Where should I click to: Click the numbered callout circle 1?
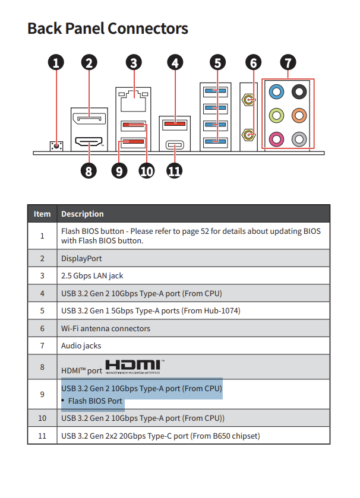click(56, 62)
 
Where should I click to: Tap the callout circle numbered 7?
click(288, 62)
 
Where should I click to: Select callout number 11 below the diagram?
click(175, 171)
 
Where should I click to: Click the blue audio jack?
click(276, 92)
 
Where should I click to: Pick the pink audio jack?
click(276, 139)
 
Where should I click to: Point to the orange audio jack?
click(299, 115)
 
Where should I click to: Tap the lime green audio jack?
click(276, 115)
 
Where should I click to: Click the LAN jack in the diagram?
click(133, 100)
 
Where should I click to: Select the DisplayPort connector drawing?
click(89, 119)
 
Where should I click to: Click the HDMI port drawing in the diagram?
click(89, 141)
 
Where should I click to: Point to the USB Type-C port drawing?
click(175, 145)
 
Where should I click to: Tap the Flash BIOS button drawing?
click(56, 146)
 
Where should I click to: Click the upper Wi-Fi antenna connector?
click(248, 100)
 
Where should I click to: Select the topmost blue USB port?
click(216, 91)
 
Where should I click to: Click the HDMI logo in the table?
click(135, 367)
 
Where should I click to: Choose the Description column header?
click(83, 214)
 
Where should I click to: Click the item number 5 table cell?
click(42, 310)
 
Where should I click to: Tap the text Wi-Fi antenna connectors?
click(106, 328)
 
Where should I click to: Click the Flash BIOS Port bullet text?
click(95, 401)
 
